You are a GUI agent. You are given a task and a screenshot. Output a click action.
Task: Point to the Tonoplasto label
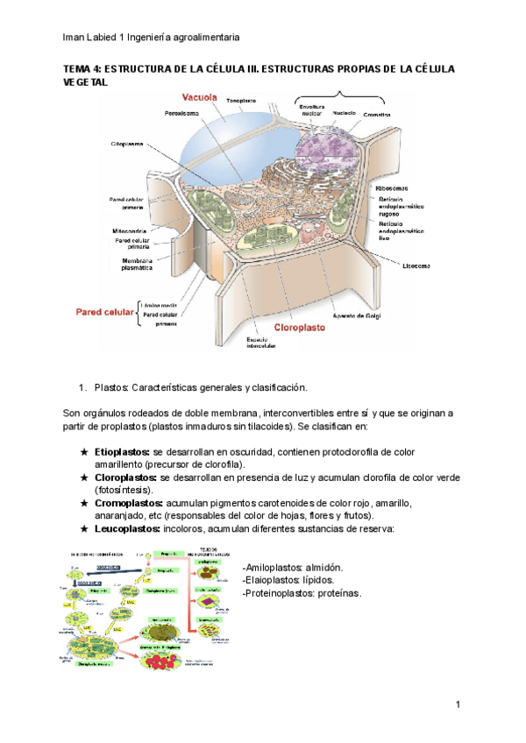241,101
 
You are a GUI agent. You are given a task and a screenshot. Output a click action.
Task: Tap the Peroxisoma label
183,113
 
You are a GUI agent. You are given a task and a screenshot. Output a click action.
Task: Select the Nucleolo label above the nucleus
345,112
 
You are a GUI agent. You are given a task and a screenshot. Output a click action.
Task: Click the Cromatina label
377,116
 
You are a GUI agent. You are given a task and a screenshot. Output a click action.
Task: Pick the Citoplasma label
127,144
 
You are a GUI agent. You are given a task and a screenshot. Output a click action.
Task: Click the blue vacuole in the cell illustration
219,140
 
